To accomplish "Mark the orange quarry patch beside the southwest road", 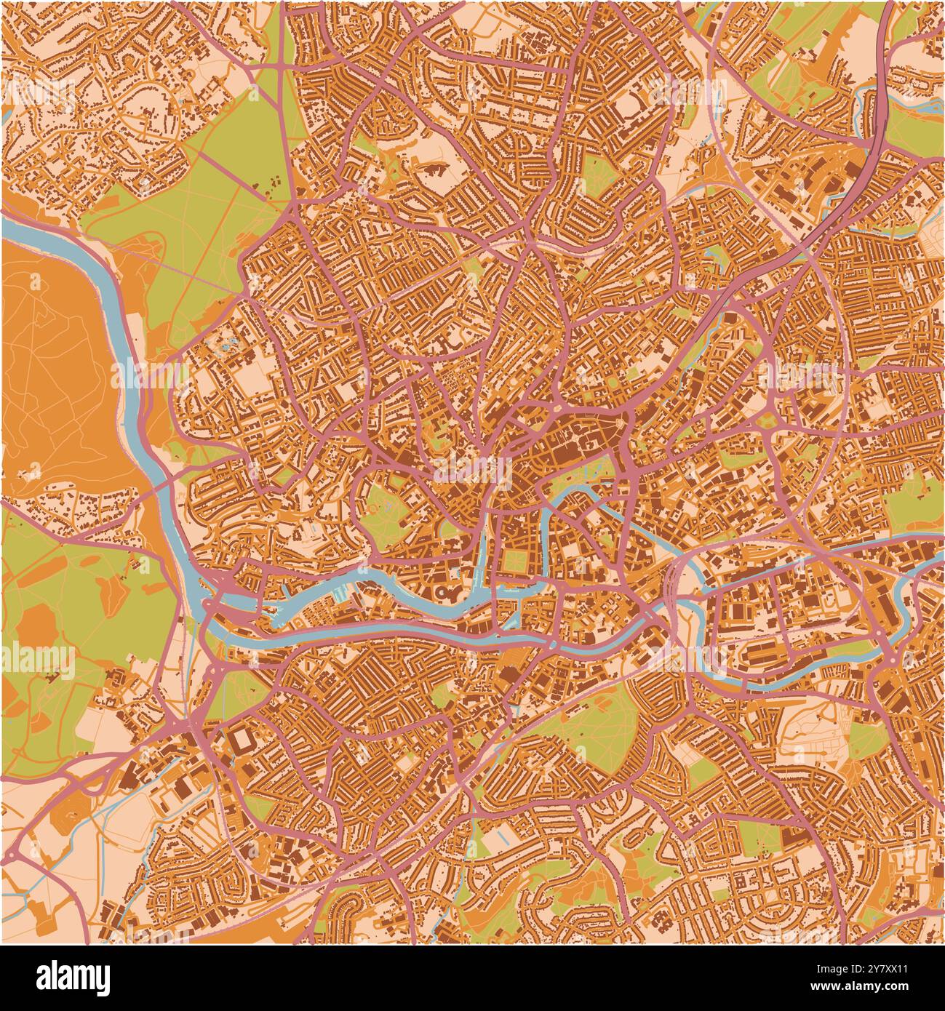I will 73,807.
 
